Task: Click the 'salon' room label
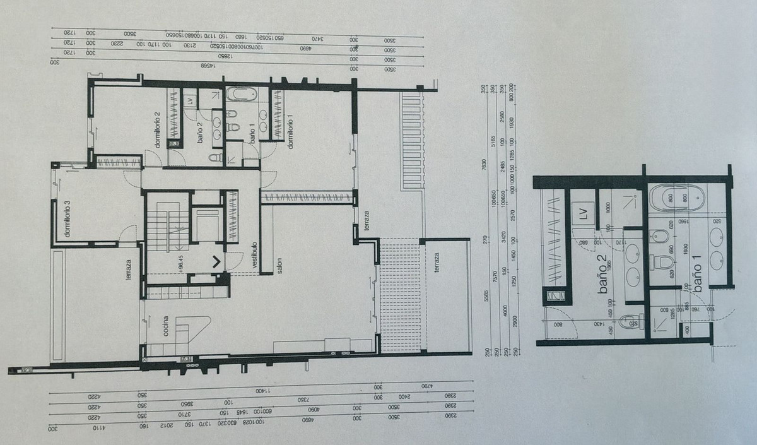point(278,266)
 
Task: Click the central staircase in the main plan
point(167,227)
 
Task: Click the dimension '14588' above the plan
point(206,65)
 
